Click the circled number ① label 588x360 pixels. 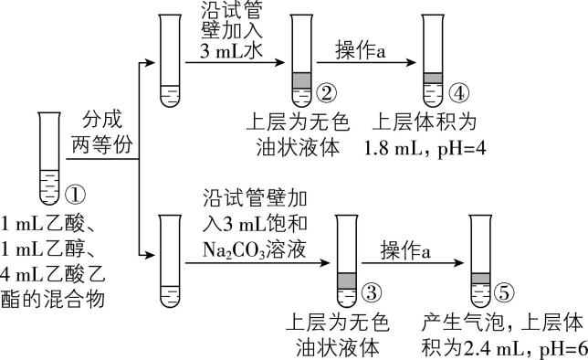click(76, 195)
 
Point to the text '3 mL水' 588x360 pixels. click(232, 52)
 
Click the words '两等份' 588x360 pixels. click(100, 144)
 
